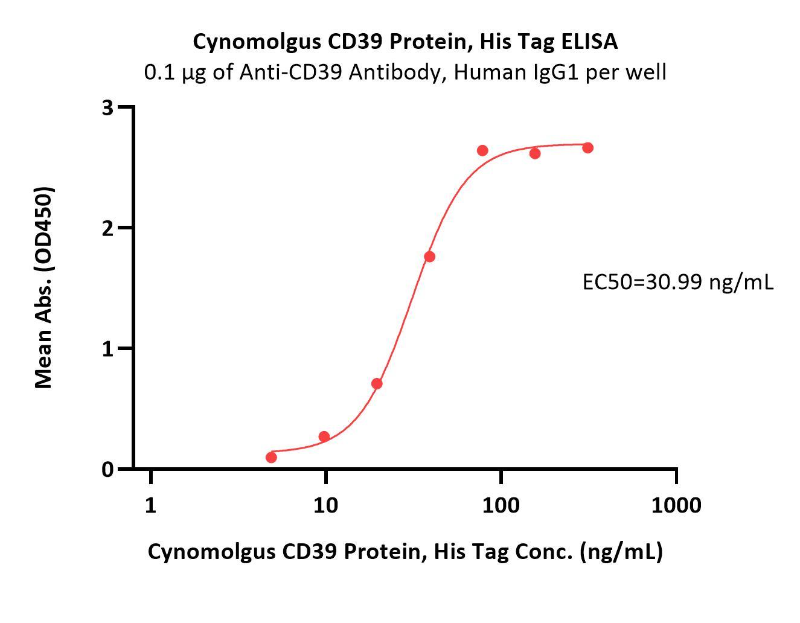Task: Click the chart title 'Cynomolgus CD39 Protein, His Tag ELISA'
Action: pyautogui.click(x=405, y=42)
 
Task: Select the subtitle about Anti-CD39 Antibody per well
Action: pyautogui.click(x=405, y=72)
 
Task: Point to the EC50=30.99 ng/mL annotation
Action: pyautogui.click(x=677, y=281)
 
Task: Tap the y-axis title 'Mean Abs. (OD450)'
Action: pyautogui.click(x=43, y=287)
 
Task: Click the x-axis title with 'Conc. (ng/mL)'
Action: pyautogui.click(x=405, y=551)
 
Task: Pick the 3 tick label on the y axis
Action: pyautogui.click(x=108, y=108)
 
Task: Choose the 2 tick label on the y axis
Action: pyautogui.click(x=108, y=228)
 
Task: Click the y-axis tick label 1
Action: pyautogui.click(x=108, y=349)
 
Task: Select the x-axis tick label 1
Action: pyautogui.click(x=150, y=505)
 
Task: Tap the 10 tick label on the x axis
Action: pyautogui.click(x=325, y=505)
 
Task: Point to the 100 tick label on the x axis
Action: pyautogui.click(x=501, y=505)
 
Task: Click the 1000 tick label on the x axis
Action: pyautogui.click(x=676, y=505)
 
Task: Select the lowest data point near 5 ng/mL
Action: pyautogui.click(x=271, y=458)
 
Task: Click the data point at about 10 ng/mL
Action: pyautogui.click(x=324, y=436)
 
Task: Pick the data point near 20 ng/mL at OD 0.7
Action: pyautogui.click(x=377, y=383)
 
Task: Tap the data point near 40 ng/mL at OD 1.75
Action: pyautogui.click(x=429, y=257)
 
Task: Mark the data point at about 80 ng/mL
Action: pyautogui.click(x=482, y=150)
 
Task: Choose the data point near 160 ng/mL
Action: pyautogui.click(x=535, y=153)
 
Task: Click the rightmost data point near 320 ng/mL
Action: pyautogui.click(x=587, y=148)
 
